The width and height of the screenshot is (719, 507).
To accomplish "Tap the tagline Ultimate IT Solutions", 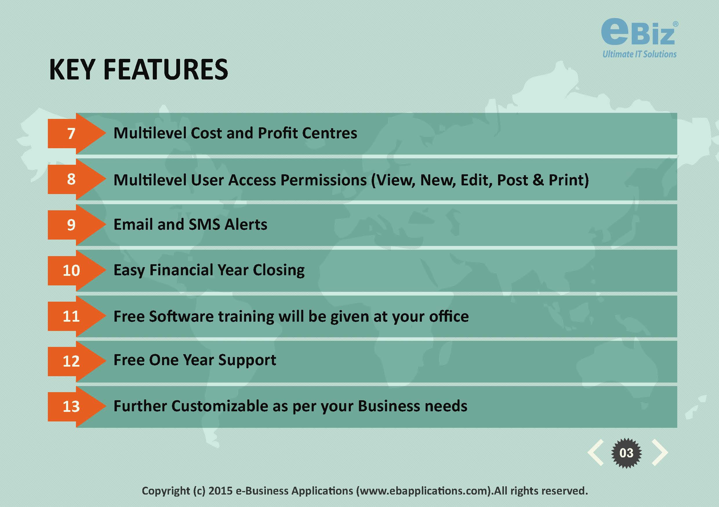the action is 640,54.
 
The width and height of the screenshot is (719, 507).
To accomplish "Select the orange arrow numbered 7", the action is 77,133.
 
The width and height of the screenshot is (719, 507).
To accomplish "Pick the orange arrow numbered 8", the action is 77,179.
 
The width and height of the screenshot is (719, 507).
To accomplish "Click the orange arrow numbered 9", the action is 77,225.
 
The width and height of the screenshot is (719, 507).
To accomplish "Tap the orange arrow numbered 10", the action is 77,270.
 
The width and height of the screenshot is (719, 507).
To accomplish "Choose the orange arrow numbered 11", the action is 77,316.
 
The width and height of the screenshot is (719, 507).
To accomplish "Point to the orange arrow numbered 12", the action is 77,361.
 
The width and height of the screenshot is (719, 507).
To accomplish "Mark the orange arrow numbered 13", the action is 77,407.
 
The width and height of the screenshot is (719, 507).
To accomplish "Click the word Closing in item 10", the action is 279,270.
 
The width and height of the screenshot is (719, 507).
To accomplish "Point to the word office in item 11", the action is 449,316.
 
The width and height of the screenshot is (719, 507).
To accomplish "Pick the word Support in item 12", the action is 247,360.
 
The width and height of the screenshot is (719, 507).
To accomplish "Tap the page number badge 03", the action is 626,453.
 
